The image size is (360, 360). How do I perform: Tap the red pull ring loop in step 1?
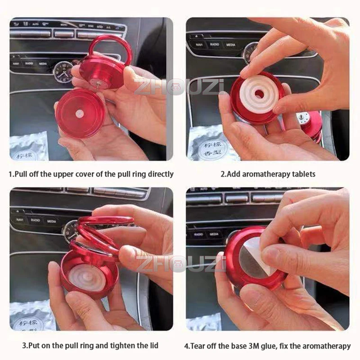click(111, 50)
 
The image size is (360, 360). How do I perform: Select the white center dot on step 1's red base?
click(79, 114)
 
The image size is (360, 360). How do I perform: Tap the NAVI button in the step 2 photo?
click(198, 45)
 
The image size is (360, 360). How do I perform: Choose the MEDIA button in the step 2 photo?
click(231, 45)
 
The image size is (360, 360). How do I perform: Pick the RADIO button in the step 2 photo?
click(214, 45)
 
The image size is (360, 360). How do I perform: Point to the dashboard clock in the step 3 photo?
click(71, 232)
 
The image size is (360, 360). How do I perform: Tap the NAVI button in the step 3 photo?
click(20, 220)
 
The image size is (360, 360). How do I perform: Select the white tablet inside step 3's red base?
click(87, 277)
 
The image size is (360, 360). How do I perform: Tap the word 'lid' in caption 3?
click(153, 346)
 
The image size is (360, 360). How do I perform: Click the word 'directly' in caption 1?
click(160, 174)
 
